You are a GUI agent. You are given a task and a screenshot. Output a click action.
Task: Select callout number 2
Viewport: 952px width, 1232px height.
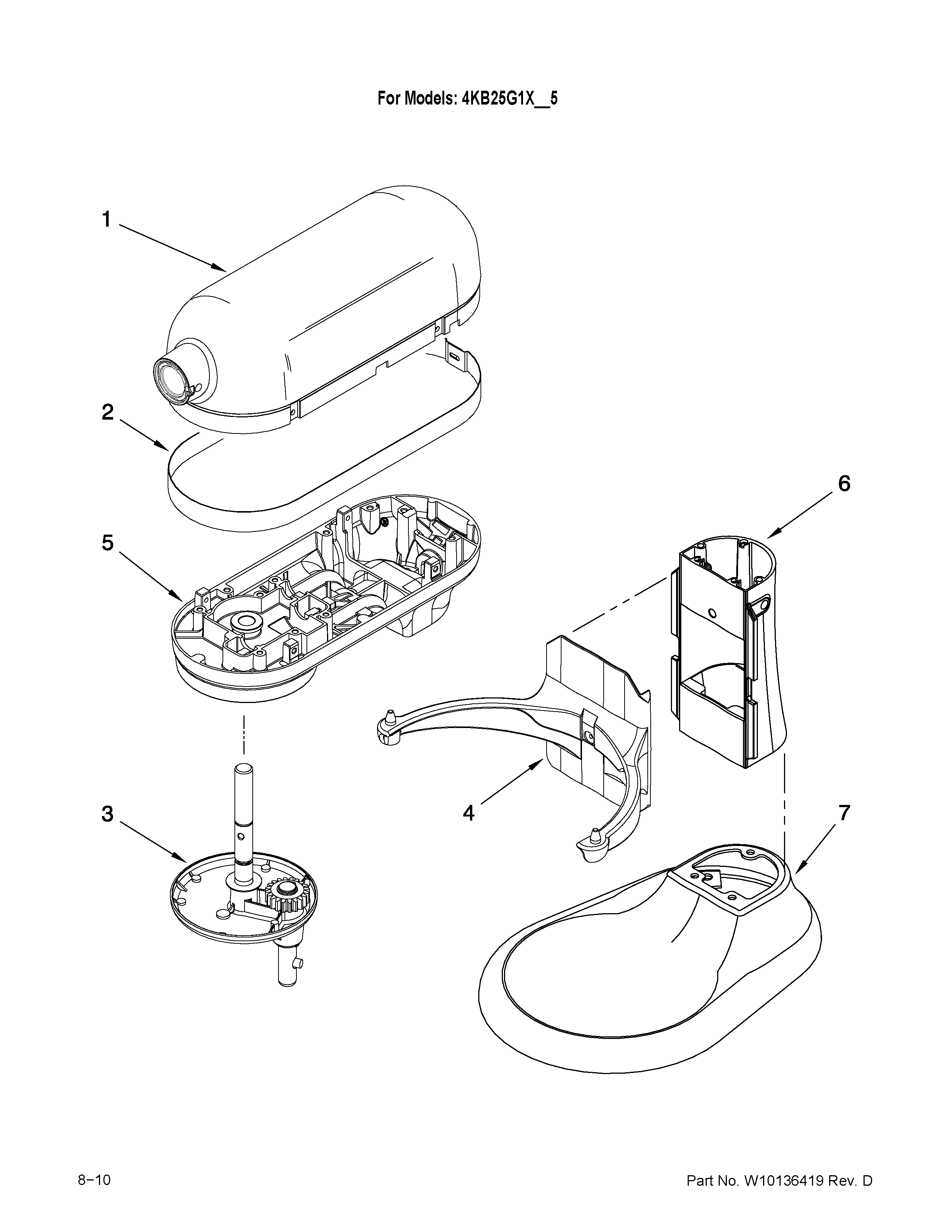coord(107,413)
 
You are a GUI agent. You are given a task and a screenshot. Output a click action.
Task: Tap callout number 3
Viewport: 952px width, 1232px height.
coord(107,813)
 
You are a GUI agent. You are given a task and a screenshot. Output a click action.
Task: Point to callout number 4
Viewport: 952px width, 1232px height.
coord(469,813)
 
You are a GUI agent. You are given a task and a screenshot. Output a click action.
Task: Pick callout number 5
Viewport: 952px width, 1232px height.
coord(107,543)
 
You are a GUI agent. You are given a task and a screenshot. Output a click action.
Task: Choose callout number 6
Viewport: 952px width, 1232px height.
coord(844,483)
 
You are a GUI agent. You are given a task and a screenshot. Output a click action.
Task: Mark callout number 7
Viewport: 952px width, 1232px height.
coord(844,813)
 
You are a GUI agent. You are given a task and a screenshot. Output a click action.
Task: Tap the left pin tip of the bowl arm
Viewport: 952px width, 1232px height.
coord(388,716)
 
